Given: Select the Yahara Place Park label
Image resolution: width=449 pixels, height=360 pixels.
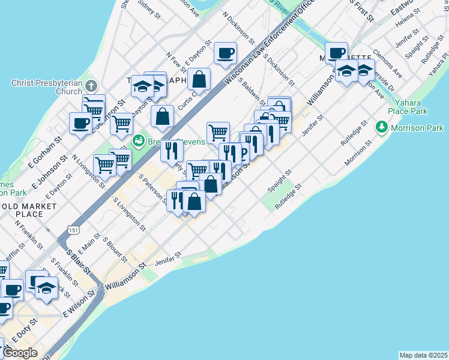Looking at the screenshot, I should pyautogui.click(x=408, y=106).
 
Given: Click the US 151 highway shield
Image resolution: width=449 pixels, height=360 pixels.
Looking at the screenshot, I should pyautogui.click(x=73, y=230).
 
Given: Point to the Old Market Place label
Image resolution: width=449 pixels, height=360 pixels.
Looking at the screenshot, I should pyautogui.click(x=29, y=210).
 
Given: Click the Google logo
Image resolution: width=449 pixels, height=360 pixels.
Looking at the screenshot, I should pyautogui.click(x=19, y=352).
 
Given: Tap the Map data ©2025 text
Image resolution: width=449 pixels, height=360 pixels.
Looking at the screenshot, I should pyautogui.click(x=423, y=355).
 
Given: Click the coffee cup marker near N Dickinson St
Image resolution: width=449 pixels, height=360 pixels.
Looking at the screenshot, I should pyautogui.click(x=225, y=53).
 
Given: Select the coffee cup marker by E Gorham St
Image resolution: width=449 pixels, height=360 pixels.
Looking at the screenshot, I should pyautogui.click(x=80, y=124).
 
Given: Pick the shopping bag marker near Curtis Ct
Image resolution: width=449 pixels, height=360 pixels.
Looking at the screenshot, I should pyautogui.click(x=199, y=78).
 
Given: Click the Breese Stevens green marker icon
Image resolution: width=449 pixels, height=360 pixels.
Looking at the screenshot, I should pyautogui.click(x=139, y=140).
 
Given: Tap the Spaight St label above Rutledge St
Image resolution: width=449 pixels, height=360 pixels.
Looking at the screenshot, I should pyautogui.click(x=280, y=180).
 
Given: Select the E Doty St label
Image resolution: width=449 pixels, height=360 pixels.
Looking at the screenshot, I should pyautogui.click(x=25, y=328).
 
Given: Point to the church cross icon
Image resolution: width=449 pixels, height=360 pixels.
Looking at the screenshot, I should pyautogui.click(x=91, y=86).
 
